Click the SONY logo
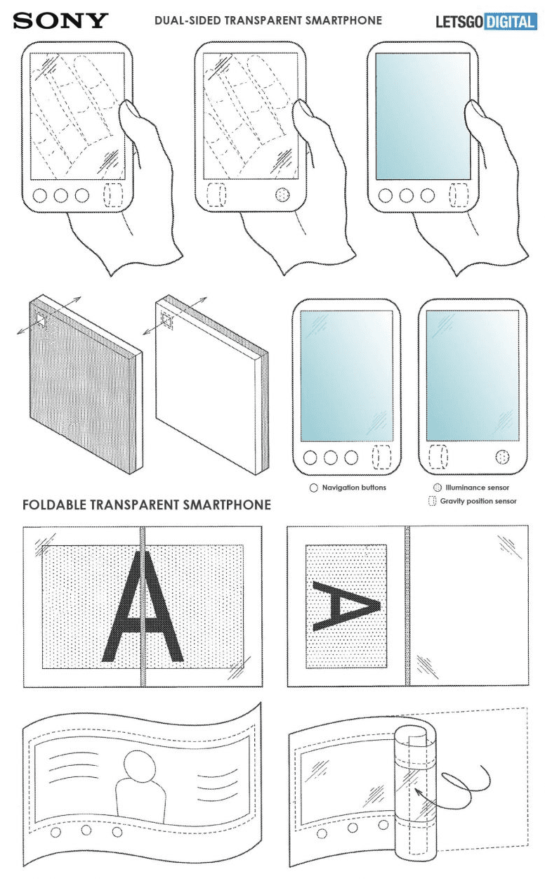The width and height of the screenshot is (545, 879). pos(60,21)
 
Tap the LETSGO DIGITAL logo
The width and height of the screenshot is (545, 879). pos(486,22)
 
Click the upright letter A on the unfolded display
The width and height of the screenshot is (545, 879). pos(143,606)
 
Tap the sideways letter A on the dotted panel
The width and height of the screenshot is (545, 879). pos(346,606)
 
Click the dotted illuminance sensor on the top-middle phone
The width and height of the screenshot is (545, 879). pos(282,195)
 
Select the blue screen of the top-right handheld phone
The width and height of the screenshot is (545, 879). pos(423,116)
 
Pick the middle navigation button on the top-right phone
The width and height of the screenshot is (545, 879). pos(406,195)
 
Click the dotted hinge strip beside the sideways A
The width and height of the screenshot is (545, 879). pos(407,606)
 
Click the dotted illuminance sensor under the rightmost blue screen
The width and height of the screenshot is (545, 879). pos(502,457)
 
